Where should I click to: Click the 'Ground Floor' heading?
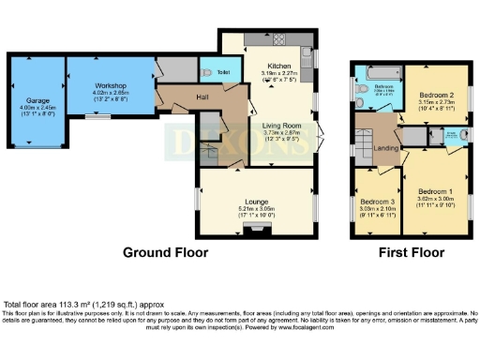(166, 253)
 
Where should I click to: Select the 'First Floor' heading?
(407, 253)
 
